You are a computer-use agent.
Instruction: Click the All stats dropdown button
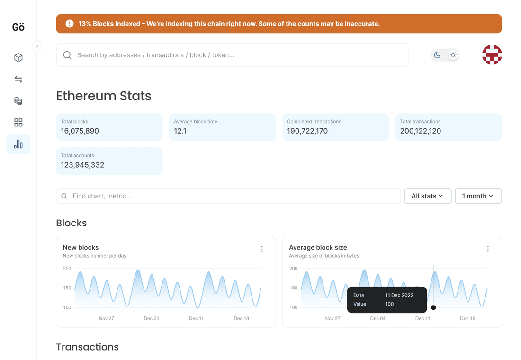pos(427,196)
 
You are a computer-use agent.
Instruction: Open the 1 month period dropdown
pos(478,196)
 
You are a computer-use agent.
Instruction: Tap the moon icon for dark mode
pos(437,55)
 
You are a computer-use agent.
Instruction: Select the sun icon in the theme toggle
pos(453,55)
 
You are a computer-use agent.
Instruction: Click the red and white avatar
pos(492,55)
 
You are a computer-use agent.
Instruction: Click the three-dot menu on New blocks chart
pos(262,249)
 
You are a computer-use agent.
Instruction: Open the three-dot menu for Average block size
pos(488,249)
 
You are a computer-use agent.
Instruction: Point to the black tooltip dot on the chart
pos(433,307)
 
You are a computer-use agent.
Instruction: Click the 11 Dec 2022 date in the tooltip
pos(399,295)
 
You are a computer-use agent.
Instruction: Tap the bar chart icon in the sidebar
pos(18,144)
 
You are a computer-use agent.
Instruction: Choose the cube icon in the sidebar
pos(18,58)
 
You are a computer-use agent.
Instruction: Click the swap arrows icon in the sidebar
pos(18,80)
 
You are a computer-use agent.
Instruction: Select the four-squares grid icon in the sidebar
pos(18,123)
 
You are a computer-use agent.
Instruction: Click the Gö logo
pos(18,27)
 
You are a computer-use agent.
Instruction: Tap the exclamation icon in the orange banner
pos(70,24)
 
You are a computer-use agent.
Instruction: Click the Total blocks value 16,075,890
pos(80,131)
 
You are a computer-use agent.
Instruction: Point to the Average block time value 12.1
pos(180,131)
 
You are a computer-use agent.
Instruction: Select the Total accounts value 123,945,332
pos(82,165)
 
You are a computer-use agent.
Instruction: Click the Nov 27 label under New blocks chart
pos(107,318)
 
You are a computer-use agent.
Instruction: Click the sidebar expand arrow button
pos(36,46)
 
